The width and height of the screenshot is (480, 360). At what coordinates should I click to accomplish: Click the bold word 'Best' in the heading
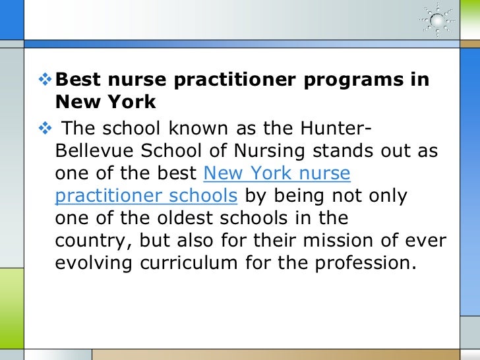point(78,80)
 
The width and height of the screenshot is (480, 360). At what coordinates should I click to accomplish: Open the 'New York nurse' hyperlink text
point(277,173)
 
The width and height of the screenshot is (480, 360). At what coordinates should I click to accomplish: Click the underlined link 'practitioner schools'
point(146,196)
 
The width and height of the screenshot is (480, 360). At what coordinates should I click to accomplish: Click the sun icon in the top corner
point(437,19)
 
